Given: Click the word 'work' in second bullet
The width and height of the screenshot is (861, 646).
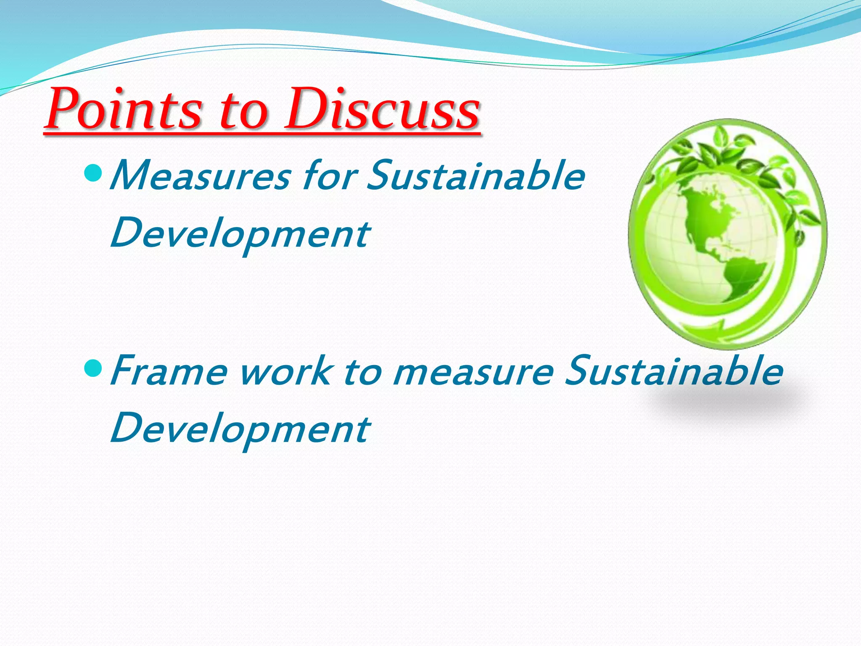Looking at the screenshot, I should (286, 371).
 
